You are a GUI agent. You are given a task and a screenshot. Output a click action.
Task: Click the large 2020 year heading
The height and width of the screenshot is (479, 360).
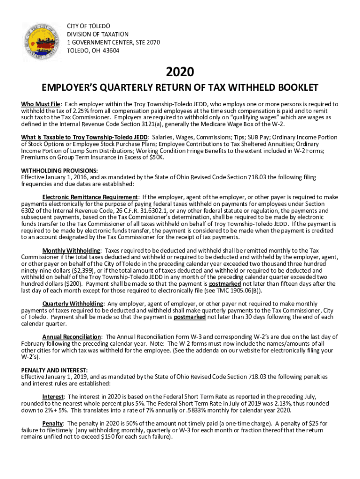pyautogui.click(x=180, y=72)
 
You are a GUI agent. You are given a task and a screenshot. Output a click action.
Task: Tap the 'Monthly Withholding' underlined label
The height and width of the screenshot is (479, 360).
pyautogui.click(x=71, y=251)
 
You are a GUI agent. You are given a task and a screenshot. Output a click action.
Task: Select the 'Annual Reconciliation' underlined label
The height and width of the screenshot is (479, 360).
pyautogui.click(x=72, y=337)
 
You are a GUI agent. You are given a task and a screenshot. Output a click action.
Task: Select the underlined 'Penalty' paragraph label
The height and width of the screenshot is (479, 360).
pyautogui.click(x=52, y=423)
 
